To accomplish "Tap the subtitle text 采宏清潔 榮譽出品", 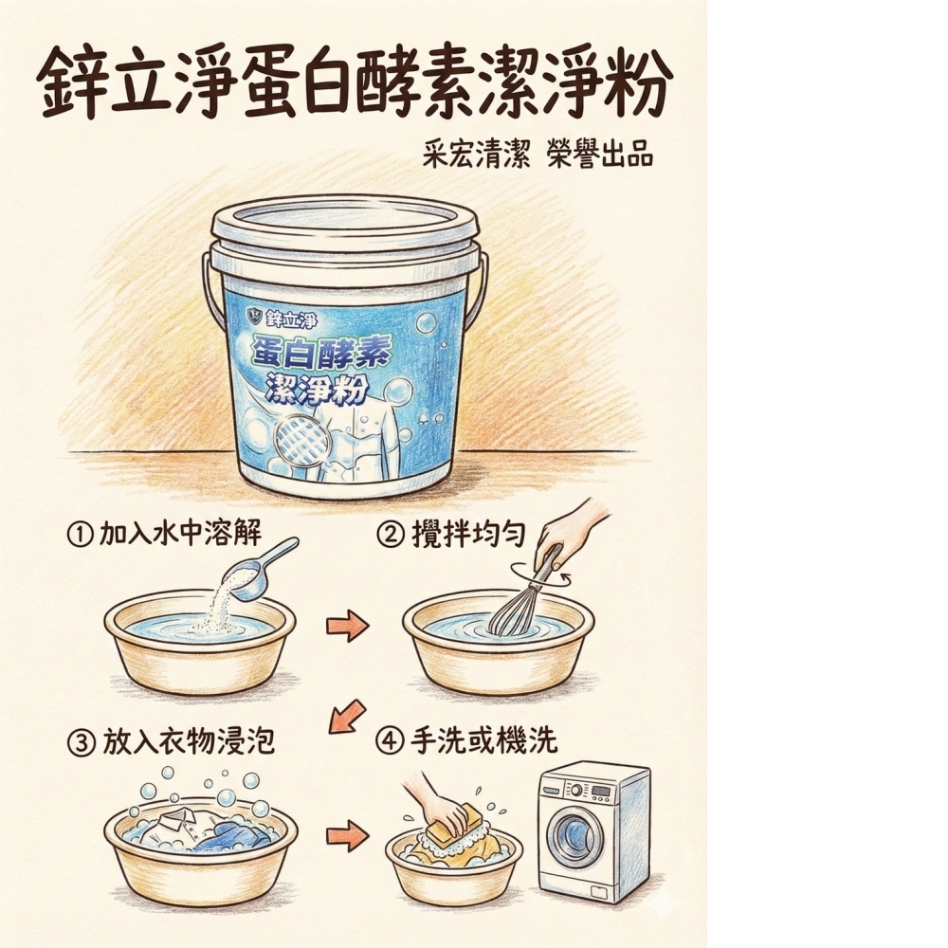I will pyautogui.click(x=538, y=155).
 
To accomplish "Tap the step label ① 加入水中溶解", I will pyautogui.click(x=163, y=534).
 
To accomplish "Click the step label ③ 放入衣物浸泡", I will pyautogui.click(x=171, y=739).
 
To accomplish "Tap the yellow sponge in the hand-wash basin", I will pyautogui.click(x=453, y=821).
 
